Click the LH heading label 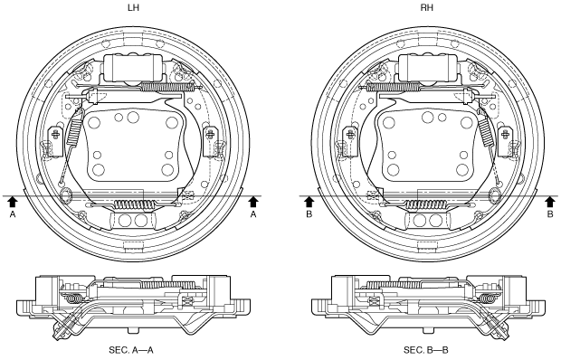click(x=133, y=7)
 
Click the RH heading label click(x=426, y=7)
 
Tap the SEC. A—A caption click(x=131, y=350)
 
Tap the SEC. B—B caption click(x=426, y=350)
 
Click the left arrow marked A click(x=13, y=202)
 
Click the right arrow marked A click(x=253, y=202)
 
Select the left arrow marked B click(x=309, y=202)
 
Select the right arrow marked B click(x=550, y=202)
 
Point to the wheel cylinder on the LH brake click(x=133, y=68)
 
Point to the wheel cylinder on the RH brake click(x=427, y=68)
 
